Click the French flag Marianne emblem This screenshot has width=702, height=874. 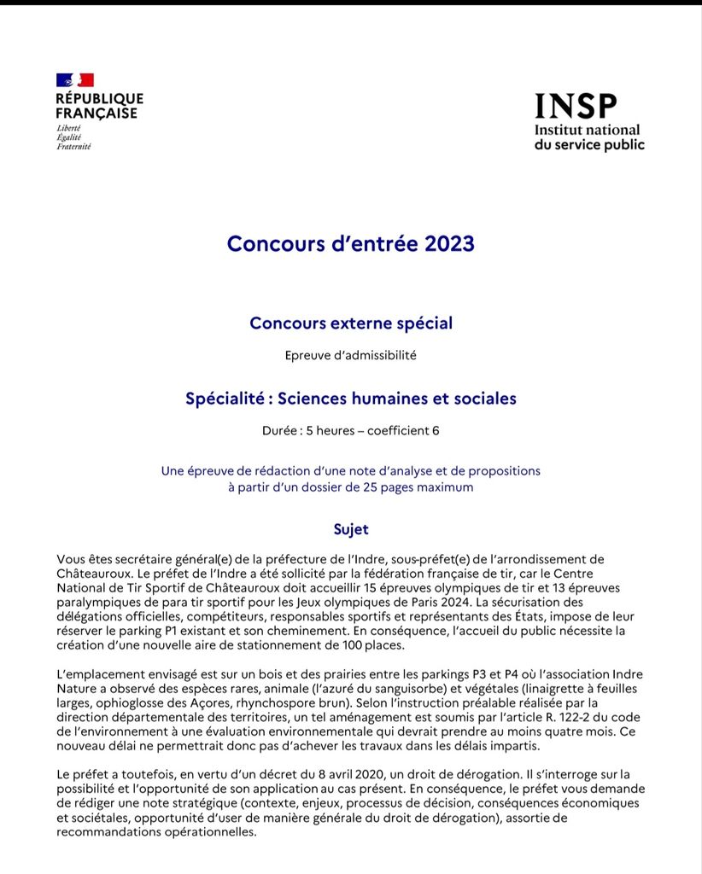pyautogui.click(x=74, y=80)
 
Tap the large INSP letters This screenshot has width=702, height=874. pyautogui.click(x=575, y=106)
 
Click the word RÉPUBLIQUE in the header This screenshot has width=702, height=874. pyautogui.click(x=99, y=98)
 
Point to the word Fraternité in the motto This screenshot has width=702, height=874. pyautogui.click(x=73, y=146)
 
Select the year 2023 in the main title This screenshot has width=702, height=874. pyautogui.click(x=443, y=243)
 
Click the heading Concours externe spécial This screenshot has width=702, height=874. pyautogui.click(x=351, y=323)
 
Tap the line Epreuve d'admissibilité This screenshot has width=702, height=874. pyautogui.click(x=351, y=355)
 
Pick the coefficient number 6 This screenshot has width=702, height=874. pyautogui.click(x=436, y=430)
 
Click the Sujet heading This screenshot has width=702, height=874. pyautogui.click(x=351, y=529)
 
